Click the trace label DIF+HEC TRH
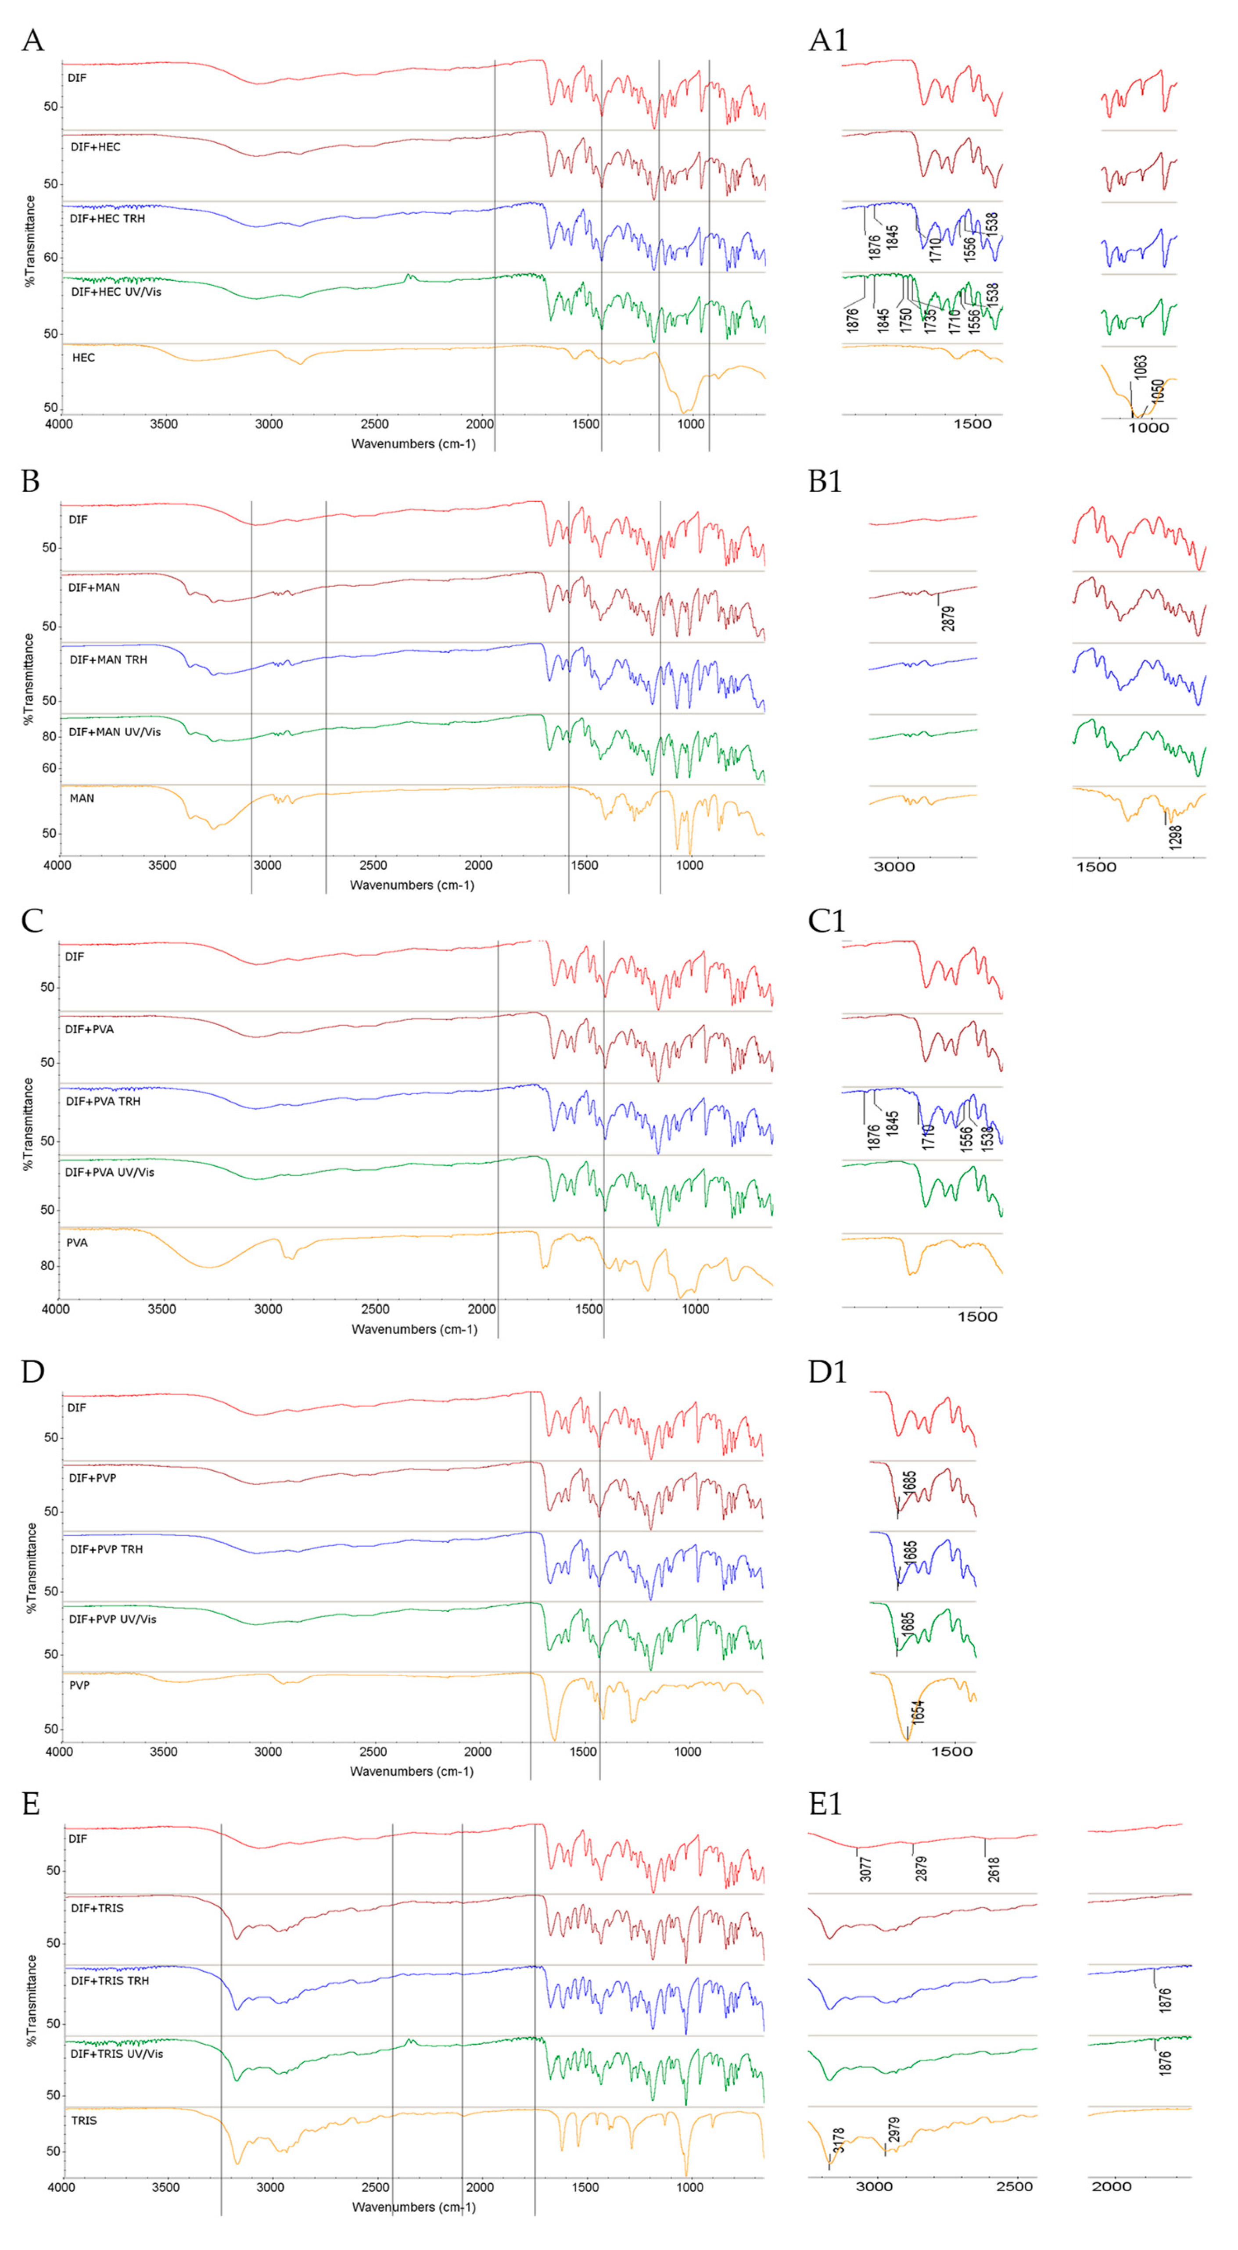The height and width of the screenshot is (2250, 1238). pyautogui.click(x=108, y=219)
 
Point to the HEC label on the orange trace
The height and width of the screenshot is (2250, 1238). pyautogui.click(x=84, y=357)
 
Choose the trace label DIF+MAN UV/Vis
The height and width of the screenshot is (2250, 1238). pyautogui.click(x=115, y=732)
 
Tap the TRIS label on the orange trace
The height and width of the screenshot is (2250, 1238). pyautogui.click(x=84, y=2120)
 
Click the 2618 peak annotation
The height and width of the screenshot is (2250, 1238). pyautogui.click(x=994, y=1869)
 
